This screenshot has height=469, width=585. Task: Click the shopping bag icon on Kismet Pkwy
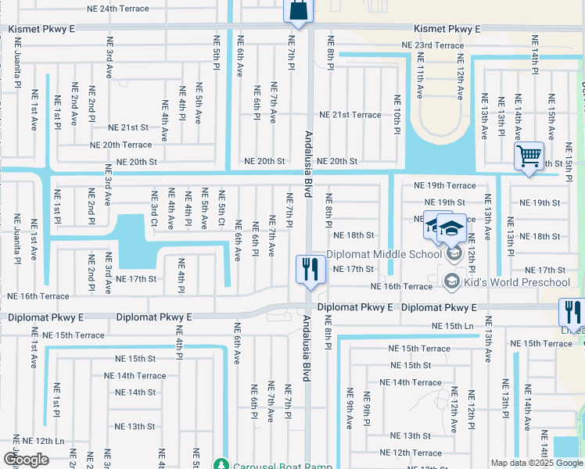tap(299, 10)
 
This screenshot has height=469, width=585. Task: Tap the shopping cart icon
tap(529, 156)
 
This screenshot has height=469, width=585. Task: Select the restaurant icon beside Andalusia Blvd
tap(310, 270)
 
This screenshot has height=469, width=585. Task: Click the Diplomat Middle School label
tap(383, 253)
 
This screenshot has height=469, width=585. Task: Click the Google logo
tap(26, 460)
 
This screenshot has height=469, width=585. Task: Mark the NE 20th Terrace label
tap(120, 145)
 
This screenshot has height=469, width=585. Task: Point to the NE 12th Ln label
tap(43, 442)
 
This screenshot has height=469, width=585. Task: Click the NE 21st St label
tap(128, 127)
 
